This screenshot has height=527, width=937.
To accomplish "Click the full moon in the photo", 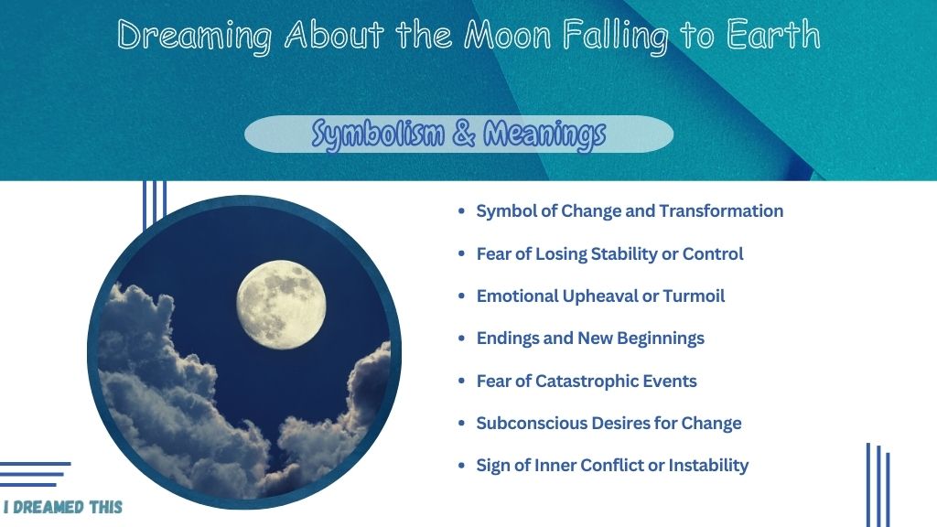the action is click(281, 305).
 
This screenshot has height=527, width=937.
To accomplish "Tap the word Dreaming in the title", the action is click(194, 36).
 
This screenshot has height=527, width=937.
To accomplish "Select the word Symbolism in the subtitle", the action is click(378, 134).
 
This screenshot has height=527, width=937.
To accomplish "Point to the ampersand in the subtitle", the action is click(464, 134).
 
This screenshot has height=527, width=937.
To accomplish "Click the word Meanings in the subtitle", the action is click(544, 134).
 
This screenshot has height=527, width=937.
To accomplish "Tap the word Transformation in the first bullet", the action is click(721, 211).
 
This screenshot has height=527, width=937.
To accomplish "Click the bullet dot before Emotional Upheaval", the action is click(461, 296).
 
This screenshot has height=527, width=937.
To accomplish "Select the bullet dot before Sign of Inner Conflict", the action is click(461, 466).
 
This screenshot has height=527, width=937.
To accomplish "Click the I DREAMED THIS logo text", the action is click(63, 507).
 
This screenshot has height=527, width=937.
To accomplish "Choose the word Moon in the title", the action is click(507, 35).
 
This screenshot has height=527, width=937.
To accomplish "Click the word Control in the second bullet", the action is click(713, 254).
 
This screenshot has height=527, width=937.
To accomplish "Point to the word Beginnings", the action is click(661, 339).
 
